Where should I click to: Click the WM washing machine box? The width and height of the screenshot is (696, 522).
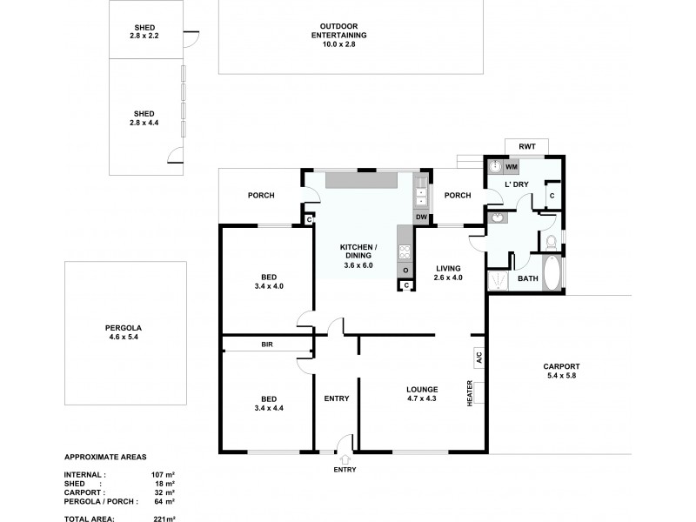(x=512, y=165)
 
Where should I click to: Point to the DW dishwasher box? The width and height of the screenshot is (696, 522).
(x=421, y=217)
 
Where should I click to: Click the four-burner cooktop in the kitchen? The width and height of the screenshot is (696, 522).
(x=405, y=251)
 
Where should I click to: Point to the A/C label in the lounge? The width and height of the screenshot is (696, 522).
(x=478, y=357)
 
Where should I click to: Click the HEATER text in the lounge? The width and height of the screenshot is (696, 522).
(x=469, y=394)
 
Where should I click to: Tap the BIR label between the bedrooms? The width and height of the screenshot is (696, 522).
(x=266, y=345)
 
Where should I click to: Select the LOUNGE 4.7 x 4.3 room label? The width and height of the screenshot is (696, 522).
(x=421, y=394)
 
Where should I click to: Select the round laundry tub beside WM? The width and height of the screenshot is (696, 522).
(x=494, y=165)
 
